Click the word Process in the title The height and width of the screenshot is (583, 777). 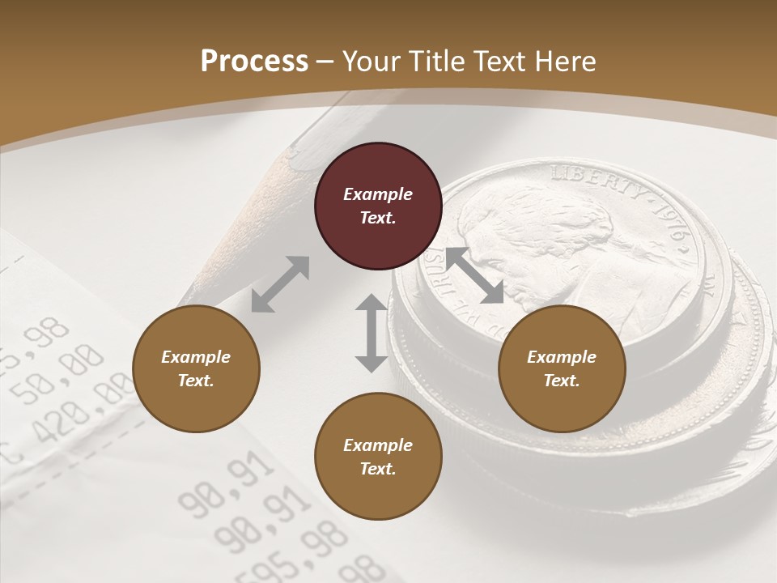pyautogui.click(x=254, y=61)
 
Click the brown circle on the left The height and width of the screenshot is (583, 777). pyautogui.click(x=196, y=369)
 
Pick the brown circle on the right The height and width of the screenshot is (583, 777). pyautogui.click(x=562, y=369)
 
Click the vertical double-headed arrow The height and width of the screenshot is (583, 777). pyautogui.click(x=372, y=333)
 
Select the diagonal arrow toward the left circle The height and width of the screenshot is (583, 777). pyautogui.click(x=280, y=283)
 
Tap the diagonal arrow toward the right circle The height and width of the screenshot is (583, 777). pyautogui.click(x=474, y=275)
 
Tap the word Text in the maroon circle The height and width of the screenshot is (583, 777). pyautogui.click(x=377, y=218)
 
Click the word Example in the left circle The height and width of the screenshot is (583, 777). pyautogui.click(x=196, y=357)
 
